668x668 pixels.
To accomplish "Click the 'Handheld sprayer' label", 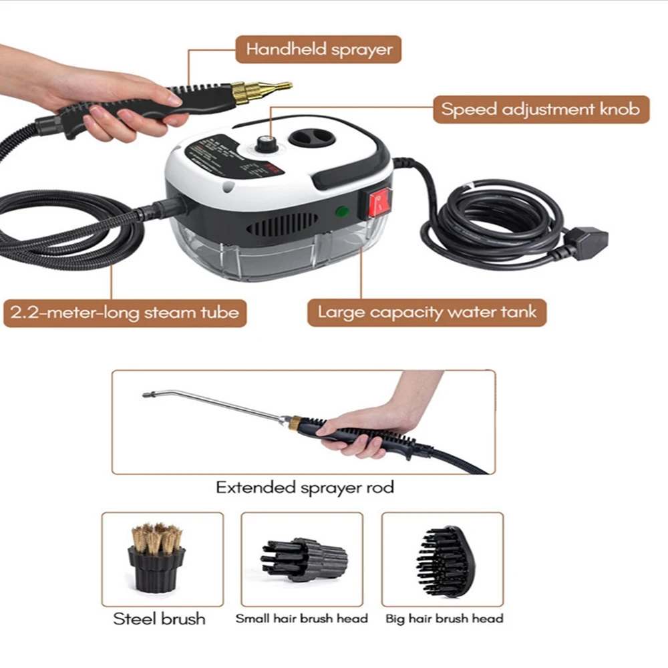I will tap(319, 49).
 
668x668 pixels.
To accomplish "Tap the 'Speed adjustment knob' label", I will tap(540, 109).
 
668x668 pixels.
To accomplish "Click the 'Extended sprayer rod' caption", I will tap(305, 488).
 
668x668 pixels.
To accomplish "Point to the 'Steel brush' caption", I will tap(159, 619).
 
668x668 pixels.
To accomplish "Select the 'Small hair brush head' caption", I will tap(301, 619).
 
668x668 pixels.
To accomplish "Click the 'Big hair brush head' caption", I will tap(444, 619).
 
